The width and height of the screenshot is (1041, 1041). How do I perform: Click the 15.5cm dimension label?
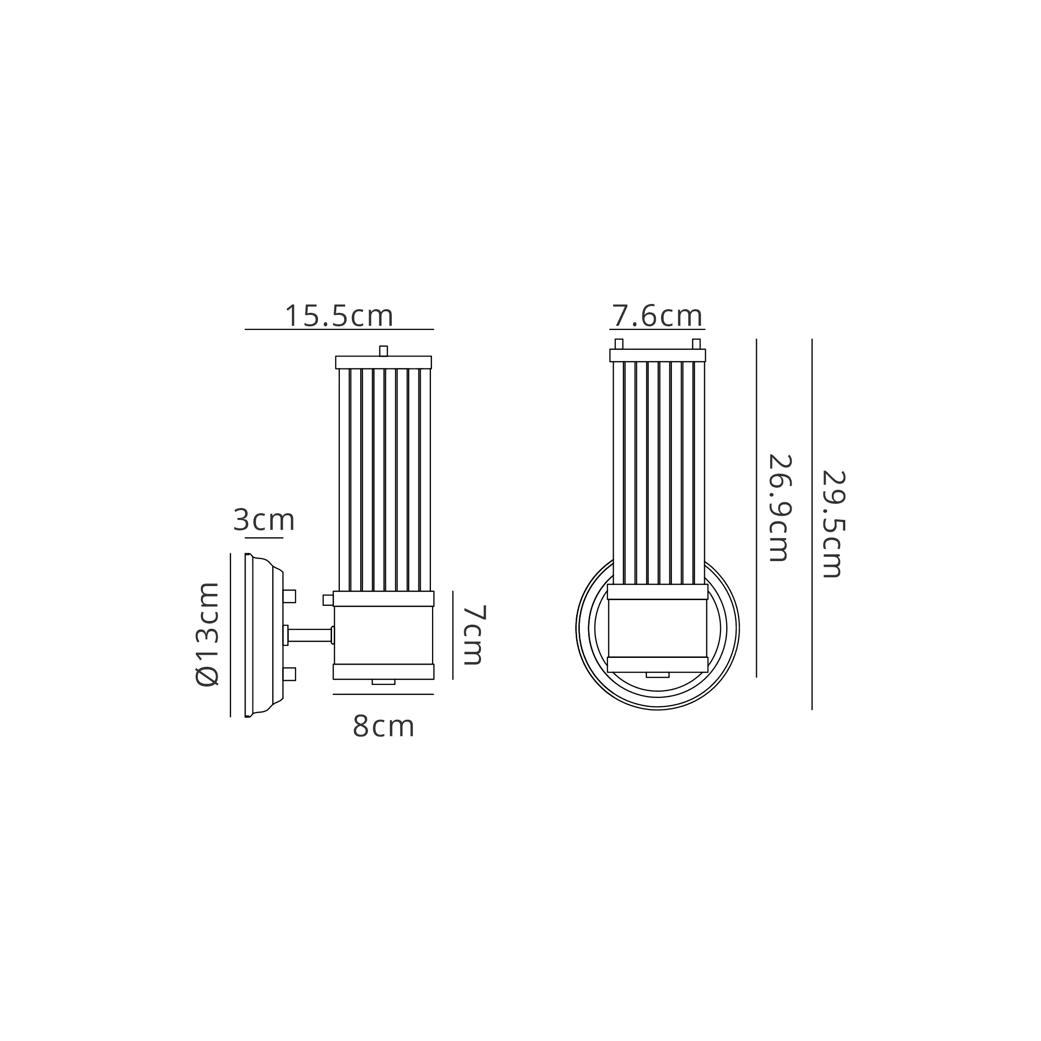click(339, 316)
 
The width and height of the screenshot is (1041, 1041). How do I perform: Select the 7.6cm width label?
click(657, 316)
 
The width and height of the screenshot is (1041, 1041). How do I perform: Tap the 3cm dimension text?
click(264, 520)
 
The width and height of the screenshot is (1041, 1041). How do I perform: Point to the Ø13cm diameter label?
click(208, 634)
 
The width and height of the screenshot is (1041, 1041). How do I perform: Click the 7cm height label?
click(475, 634)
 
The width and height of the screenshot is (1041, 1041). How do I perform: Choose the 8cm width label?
click(383, 726)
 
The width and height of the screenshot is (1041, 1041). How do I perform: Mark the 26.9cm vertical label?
click(779, 508)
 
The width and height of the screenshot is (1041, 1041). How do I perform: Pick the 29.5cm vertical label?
click(833, 524)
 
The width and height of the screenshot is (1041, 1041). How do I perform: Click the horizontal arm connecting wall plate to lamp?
click(309, 635)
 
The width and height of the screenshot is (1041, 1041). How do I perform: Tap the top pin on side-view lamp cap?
click(383, 351)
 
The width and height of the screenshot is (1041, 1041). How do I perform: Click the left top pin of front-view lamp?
click(618, 344)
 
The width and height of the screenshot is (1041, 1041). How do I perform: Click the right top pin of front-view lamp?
click(696, 344)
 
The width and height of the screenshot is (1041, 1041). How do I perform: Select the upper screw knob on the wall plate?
click(289, 596)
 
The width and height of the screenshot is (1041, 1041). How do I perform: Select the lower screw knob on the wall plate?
click(289, 674)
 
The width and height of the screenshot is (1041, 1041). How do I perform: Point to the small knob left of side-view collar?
click(327, 600)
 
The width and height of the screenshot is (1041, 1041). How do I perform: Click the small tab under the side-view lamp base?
click(383, 682)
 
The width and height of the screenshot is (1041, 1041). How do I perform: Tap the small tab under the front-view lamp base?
click(657, 675)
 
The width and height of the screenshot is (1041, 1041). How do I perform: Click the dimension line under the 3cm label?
click(264, 538)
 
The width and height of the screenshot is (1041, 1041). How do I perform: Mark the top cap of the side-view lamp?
click(383, 362)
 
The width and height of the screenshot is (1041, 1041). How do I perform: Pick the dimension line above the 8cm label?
click(383, 694)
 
